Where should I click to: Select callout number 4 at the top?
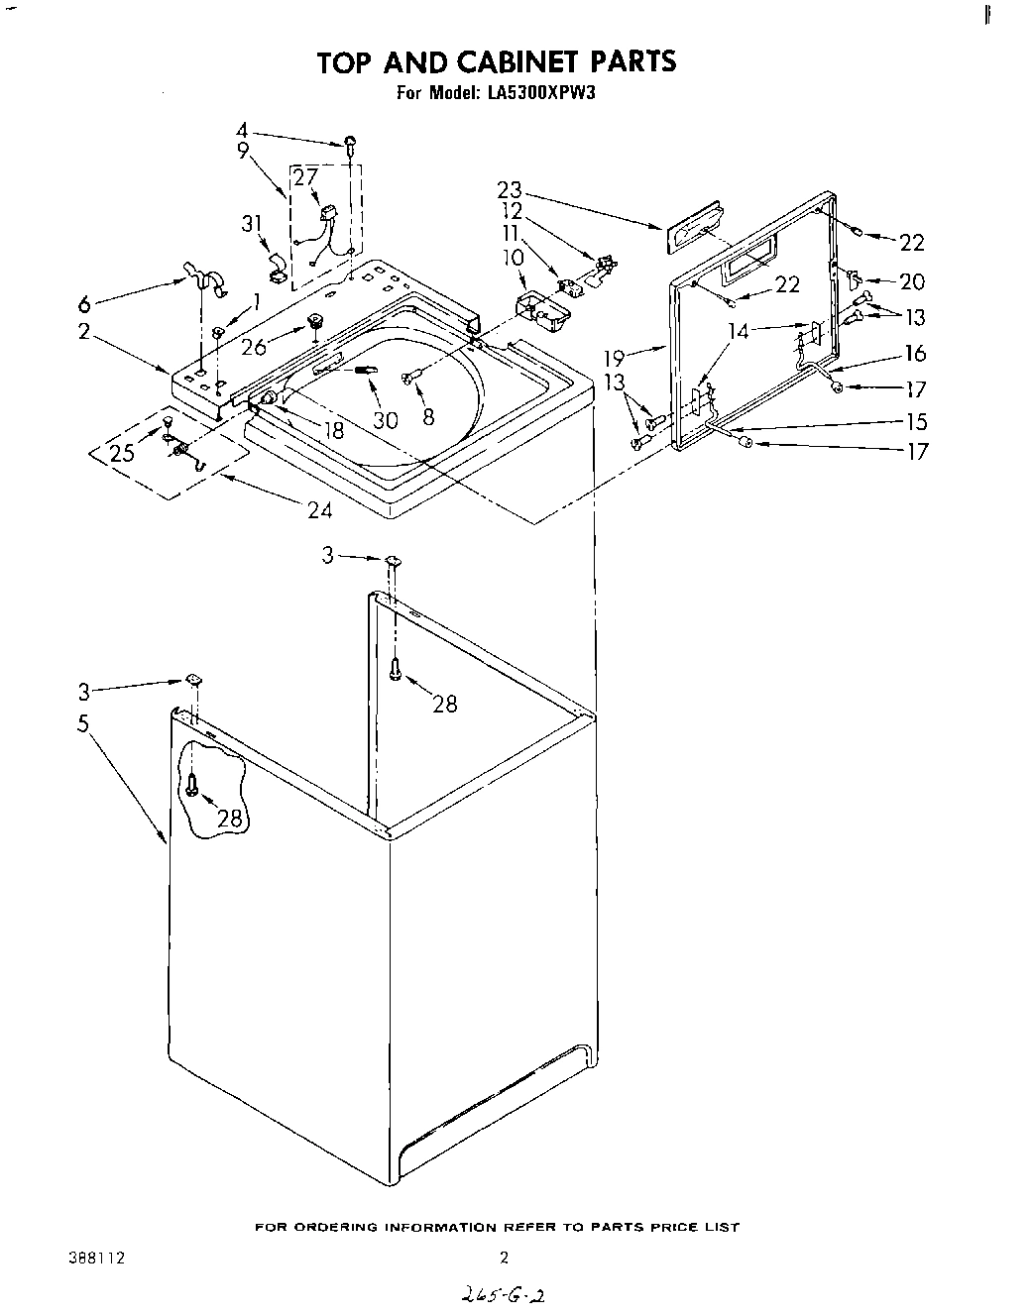(x=243, y=130)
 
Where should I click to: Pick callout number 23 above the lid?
(x=510, y=190)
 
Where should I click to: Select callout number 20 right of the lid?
(x=911, y=281)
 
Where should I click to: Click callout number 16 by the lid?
(x=914, y=353)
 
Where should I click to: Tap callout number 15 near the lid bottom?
(x=917, y=421)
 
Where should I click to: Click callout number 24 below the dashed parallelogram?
(x=319, y=510)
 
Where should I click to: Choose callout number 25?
(x=122, y=454)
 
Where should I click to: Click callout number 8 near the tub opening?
(x=428, y=417)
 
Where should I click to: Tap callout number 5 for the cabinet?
(x=83, y=724)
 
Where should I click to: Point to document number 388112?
(x=97, y=1259)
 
